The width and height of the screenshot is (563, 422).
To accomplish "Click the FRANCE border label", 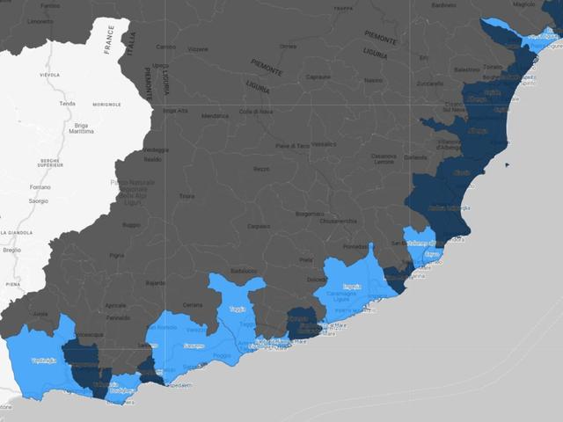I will [109, 39].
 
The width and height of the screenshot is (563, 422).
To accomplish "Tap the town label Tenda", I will [67, 104].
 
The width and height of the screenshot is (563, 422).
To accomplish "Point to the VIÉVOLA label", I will [49, 76].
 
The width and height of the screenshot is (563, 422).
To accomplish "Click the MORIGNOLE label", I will [106, 104].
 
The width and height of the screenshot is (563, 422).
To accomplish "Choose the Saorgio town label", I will [39, 200].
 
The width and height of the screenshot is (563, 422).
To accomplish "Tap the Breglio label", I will [11, 250].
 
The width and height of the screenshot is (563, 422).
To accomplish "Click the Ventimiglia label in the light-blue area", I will [43, 360].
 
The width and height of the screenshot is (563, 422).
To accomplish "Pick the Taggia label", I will [238, 309].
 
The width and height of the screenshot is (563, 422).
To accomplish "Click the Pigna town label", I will [117, 255].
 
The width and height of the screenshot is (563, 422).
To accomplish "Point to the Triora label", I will [186, 196].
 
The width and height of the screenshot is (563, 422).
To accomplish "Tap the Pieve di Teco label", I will [293, 145].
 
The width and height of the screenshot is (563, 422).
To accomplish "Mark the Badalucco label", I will [243, 270].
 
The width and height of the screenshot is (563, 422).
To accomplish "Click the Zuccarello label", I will [430, 84].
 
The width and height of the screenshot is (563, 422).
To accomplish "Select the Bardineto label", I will [444, 5].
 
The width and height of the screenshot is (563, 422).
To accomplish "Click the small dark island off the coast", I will [506, 164].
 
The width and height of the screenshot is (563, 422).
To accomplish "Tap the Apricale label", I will [115, 305].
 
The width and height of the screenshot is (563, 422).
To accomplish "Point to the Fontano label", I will [40, 186].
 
